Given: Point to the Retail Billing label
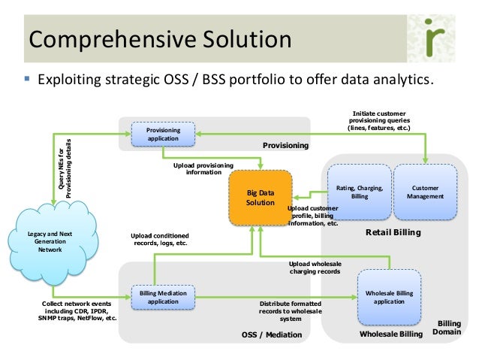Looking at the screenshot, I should [393, 233].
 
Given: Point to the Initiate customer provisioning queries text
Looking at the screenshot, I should [378, 121].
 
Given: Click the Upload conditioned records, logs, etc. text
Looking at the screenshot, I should [160, 239].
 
